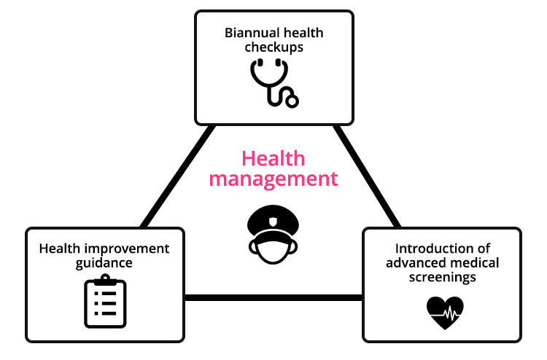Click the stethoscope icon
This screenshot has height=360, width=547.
click(273, 82)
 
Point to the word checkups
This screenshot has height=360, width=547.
click(273, 47)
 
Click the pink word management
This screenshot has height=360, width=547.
click(273, 179)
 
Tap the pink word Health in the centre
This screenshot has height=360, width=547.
click(273, 158)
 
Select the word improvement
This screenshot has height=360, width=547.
click(126, 249)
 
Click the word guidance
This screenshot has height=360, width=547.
click(104, 263)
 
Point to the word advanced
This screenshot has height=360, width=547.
click(414, 263)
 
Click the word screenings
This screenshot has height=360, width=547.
click(441, 278)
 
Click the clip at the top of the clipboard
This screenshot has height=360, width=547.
click(105, 279)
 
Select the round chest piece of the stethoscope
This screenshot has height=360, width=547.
click(291, 100)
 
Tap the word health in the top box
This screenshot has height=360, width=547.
click(304, 33)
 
